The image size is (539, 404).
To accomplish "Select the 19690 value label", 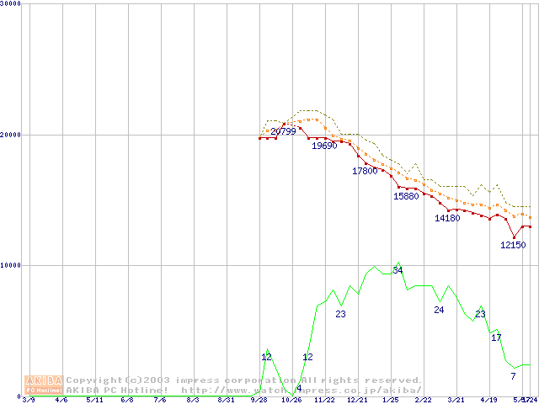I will pos(324,146).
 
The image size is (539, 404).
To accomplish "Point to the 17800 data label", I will pos(365,171).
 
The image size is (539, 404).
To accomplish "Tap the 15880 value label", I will pos(406,196).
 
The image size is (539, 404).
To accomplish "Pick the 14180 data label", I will pos(447,218).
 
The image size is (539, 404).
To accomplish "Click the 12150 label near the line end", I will pos(513,245).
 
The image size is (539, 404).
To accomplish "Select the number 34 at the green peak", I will pos(398,270).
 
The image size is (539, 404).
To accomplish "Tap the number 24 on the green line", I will pos(439,310).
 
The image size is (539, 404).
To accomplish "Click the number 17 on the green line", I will pos(496,337).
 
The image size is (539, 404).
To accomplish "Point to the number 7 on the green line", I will pos(513,375).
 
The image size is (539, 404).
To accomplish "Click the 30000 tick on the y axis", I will pos(10,3).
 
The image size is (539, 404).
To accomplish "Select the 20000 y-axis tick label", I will pos(10,135).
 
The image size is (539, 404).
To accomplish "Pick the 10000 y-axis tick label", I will pos(10,265).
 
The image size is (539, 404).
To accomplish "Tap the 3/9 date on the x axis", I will pos(29,400).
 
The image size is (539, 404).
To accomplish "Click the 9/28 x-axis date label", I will pos(259,400).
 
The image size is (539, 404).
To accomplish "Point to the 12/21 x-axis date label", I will pos(357,400).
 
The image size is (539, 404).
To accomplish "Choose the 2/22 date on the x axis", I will pos(423,400).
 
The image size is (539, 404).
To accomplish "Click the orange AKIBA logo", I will pos(44,385).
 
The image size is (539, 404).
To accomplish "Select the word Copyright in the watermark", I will pos(93,380).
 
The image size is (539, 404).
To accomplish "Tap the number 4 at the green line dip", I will pos(299,387).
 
